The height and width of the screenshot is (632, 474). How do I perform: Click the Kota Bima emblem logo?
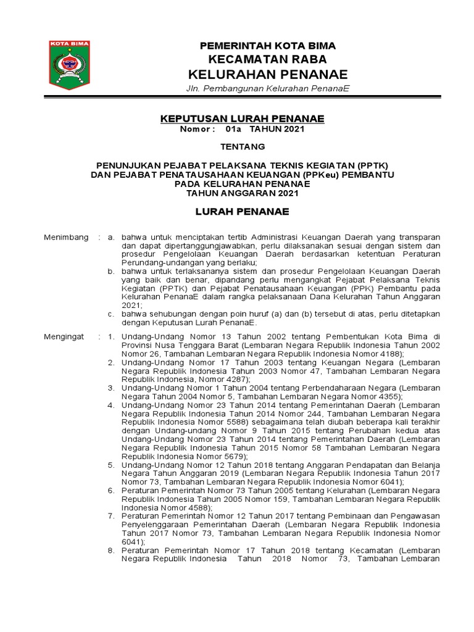tap(69, 65)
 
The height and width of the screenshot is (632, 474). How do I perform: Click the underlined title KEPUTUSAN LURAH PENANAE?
tap(242, 118)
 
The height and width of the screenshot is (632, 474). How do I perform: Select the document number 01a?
tap(234, 130)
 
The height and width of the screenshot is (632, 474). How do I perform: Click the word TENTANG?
tap(243, 147)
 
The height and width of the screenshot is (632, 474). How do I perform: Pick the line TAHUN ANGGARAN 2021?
tap(243, 193)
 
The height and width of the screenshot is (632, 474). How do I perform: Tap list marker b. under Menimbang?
tap(111, 271)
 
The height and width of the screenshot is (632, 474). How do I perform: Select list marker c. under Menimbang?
tap(111, 314)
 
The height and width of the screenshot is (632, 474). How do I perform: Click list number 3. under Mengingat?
tap(111, 388)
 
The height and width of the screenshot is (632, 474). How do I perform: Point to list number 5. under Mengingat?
tap(111, 464)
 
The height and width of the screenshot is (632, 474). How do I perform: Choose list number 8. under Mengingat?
tap(111, 549)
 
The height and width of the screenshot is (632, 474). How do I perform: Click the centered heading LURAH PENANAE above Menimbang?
tap(243, 212)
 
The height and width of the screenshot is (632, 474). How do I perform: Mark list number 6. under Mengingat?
tap(111, 489)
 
